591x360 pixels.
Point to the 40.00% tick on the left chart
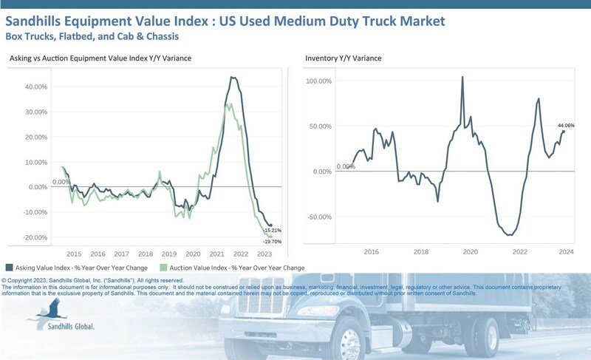36,86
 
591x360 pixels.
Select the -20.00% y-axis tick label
35,237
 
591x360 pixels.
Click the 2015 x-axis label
74,252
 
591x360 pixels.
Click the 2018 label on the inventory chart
421,252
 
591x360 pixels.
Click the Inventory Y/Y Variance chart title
342,58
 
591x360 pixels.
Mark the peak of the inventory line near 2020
462,77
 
